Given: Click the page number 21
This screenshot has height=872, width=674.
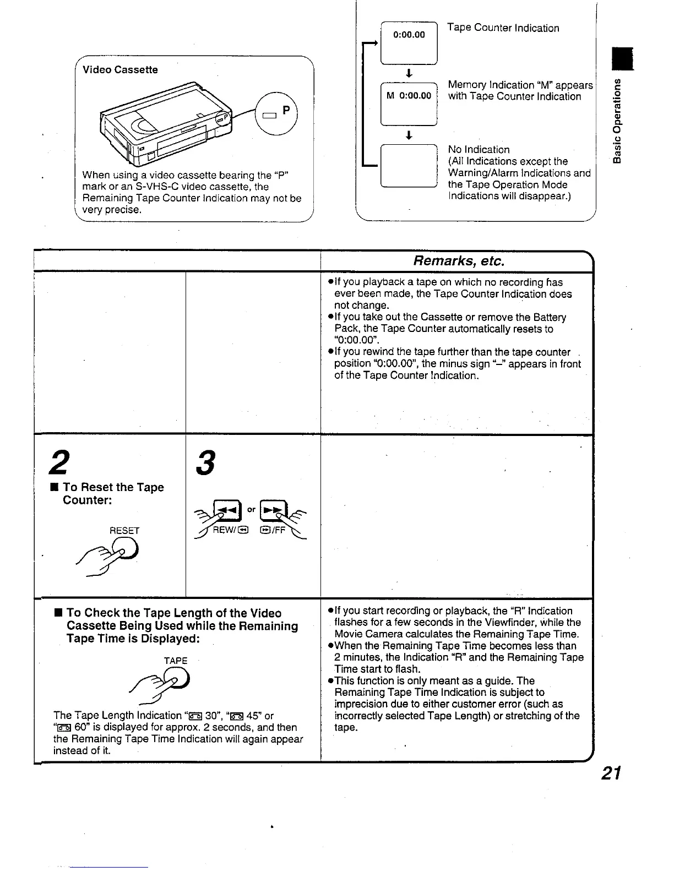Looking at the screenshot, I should [611, 773].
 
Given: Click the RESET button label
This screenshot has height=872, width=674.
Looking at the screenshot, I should [125, 531].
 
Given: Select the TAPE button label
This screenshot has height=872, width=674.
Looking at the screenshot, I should [176, 661].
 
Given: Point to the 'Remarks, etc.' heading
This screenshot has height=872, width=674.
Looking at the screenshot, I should [458, 260].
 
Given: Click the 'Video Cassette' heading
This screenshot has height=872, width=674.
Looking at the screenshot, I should [120, 70].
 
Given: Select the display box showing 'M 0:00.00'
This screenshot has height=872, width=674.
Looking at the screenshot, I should [409, 103].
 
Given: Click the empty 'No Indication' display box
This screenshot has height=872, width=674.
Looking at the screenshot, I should [409, 165].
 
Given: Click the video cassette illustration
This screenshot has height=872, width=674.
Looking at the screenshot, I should [165, 124].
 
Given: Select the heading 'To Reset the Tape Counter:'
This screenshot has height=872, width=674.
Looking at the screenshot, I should [113, 493].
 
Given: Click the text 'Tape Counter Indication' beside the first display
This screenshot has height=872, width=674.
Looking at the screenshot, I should [503, 28].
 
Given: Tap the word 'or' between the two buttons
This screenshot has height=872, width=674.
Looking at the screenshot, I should [251, 509].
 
